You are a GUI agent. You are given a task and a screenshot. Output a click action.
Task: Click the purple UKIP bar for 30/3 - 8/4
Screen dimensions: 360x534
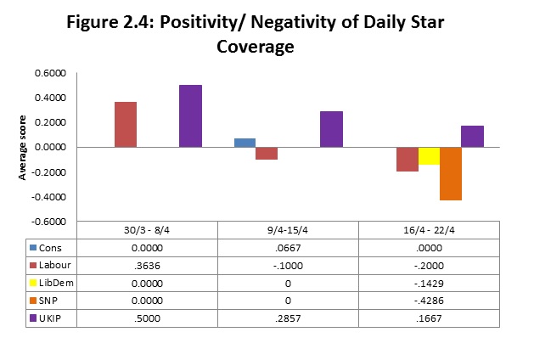(x=190, y=116)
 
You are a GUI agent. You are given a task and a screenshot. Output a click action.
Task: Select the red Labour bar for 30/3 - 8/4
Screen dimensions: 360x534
(x=126, y=125)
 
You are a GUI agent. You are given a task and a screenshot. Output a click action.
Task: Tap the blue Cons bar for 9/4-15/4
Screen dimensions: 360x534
(x=245, y=143)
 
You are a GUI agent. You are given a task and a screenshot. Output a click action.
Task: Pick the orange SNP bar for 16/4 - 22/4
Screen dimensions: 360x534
(x=450, y=173)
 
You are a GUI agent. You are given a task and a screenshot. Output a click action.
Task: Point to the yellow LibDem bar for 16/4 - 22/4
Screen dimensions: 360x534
(x=429, y=156)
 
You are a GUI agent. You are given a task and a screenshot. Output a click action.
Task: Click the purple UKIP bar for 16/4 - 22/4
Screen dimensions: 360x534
(x=472, y=137)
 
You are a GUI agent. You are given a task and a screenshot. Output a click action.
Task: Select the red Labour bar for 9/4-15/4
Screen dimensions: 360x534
(x=267, y=154)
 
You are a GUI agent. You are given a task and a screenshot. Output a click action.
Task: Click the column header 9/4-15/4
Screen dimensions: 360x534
(x=288, y=231)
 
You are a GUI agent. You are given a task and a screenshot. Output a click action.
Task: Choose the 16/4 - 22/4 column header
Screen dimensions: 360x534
(x=430, y=231)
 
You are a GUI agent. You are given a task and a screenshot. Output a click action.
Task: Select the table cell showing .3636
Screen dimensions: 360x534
(x=148, y=264)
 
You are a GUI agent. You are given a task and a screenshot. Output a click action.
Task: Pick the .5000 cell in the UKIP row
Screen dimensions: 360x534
(x=148, y=318)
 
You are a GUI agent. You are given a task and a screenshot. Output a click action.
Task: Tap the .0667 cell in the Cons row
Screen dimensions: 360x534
(x=288, y=247)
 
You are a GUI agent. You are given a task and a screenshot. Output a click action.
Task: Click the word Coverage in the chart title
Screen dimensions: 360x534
(x=256, y=47)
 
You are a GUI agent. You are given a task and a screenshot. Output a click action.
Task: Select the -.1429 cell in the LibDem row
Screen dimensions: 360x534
(x=430, y=282)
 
